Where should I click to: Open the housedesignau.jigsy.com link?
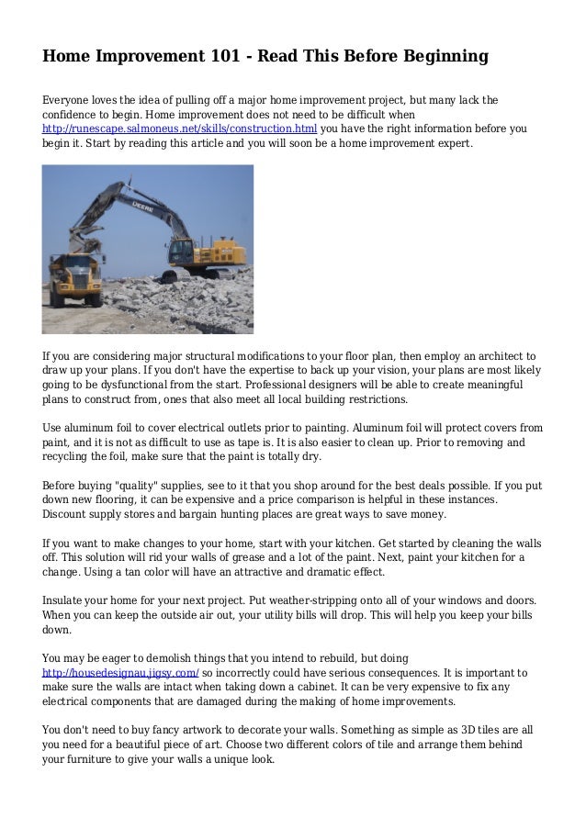click(120, 672)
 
